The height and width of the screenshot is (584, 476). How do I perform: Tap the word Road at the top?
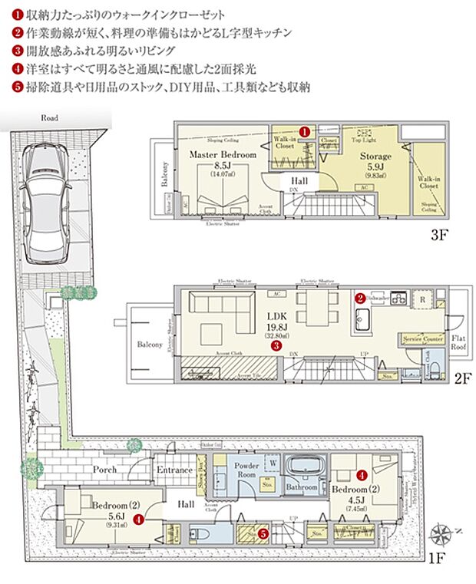pyautogui.click(x=51, y=120)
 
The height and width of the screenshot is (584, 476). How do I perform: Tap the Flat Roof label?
pyautogui.click(x=459, y=342)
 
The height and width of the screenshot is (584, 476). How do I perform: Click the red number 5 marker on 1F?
pyautogui.click(x=263, y=533)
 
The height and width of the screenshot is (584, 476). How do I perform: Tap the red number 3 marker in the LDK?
pyautogui.click(x=275, y=345)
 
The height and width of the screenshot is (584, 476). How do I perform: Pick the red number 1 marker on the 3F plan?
pyautogui.click(x=304, y=131)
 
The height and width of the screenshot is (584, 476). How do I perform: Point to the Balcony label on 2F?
pyautogui.click(x=150, y=345)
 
